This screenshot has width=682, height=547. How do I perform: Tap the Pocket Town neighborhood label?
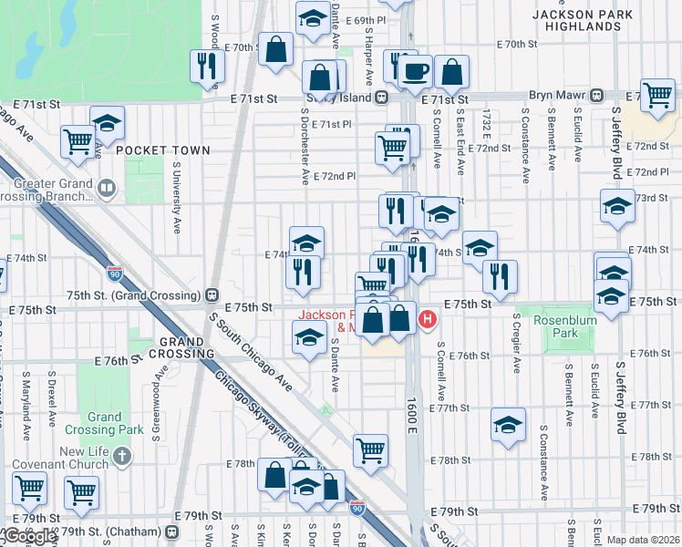163,150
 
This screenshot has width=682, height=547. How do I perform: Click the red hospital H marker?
427,319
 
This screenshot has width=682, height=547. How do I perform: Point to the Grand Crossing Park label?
105,423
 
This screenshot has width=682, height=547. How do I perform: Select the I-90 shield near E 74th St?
114,273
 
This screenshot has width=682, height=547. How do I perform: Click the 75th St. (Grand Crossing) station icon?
211,294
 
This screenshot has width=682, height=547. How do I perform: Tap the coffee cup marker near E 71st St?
417,70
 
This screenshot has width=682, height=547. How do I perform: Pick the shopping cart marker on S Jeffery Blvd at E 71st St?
656,94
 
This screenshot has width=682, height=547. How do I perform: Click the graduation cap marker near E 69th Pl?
313,18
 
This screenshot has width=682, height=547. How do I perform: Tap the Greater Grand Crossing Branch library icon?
107,189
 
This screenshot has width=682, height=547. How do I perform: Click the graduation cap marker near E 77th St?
508,425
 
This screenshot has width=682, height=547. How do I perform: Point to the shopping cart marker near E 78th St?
370,449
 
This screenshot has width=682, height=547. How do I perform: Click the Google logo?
29,537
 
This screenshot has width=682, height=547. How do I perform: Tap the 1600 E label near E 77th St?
412,416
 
